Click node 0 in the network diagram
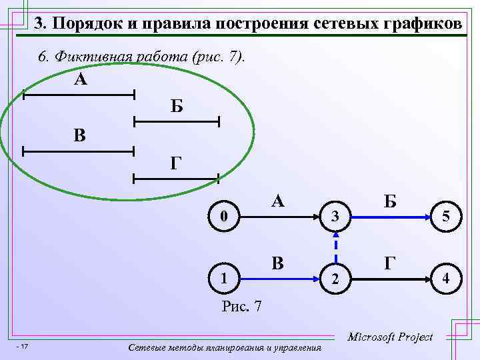pyautogui.click(x=226, y=216)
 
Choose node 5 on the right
pyautogui.click(x=445, y=216)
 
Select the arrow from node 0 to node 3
pyautogui.click(x=280, y=217)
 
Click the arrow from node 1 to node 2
pyautogui.click(x=280, y=277)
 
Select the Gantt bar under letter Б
pyautogui.click(x=177, y=121)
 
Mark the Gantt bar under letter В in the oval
pyautogui.click(x=79, y=152)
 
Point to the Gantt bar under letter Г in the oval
pyautogui.click(x=177, y=178)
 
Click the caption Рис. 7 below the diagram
pyautogui.click(x=241, y=307)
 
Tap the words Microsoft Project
pyautogui.click(x=391, y=337)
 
